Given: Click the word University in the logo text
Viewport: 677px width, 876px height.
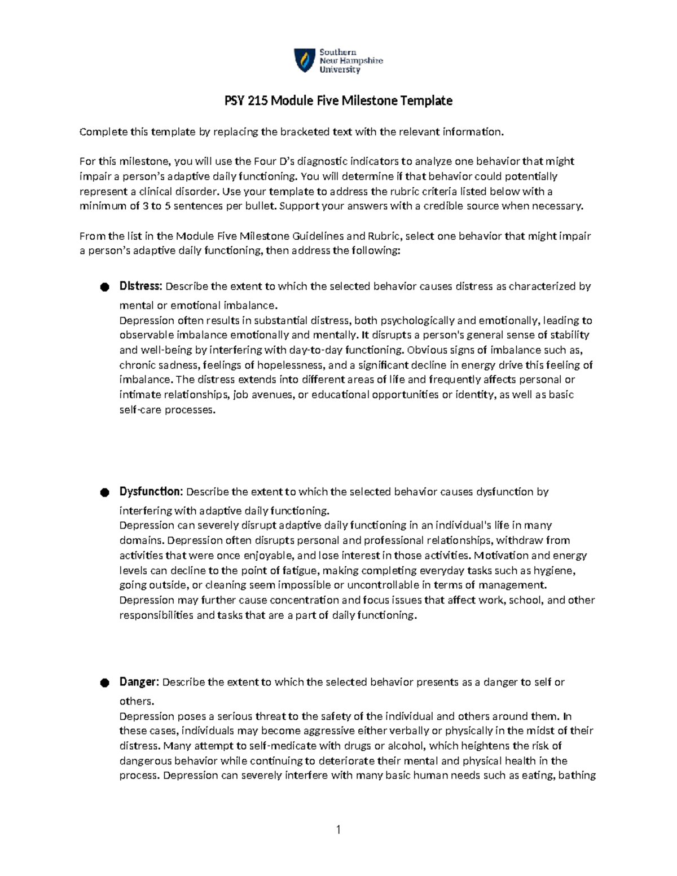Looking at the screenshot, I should [x=340, y=70].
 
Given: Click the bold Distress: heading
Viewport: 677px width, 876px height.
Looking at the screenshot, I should [x=140, y=286].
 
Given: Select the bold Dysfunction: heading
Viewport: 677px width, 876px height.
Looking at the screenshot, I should [x=151, y=491].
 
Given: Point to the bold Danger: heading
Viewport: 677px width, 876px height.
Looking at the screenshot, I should [x=139, y=682].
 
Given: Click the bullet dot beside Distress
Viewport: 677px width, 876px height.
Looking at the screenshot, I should [x=104, y=287].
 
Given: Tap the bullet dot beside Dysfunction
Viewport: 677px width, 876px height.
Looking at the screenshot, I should [x=104, y=492].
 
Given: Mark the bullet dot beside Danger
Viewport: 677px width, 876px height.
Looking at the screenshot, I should [x=104, y=683].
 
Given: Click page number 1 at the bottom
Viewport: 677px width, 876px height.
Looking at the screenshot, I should [x=338, y=829].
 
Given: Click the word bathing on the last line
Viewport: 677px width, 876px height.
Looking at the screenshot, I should [x=576, y=775].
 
